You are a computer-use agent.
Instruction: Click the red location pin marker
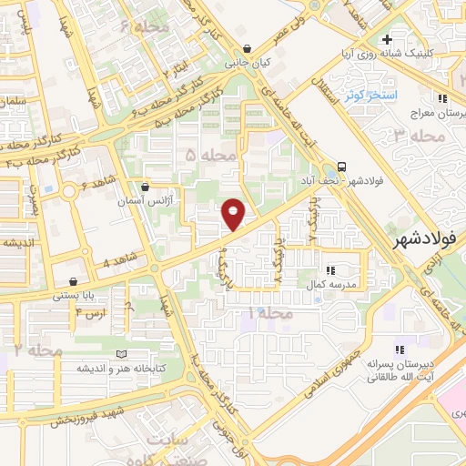pos(234,213)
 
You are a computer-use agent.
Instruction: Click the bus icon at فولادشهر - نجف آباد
pos(342,167)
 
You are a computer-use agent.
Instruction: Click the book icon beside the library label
pos(122,354)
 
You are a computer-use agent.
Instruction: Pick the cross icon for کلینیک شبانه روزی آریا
pos(388,40)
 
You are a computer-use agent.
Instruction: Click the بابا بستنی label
pos(71,295)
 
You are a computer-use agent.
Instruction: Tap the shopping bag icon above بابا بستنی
pos(73,281)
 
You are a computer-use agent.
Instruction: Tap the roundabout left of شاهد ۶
pos(69,192)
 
